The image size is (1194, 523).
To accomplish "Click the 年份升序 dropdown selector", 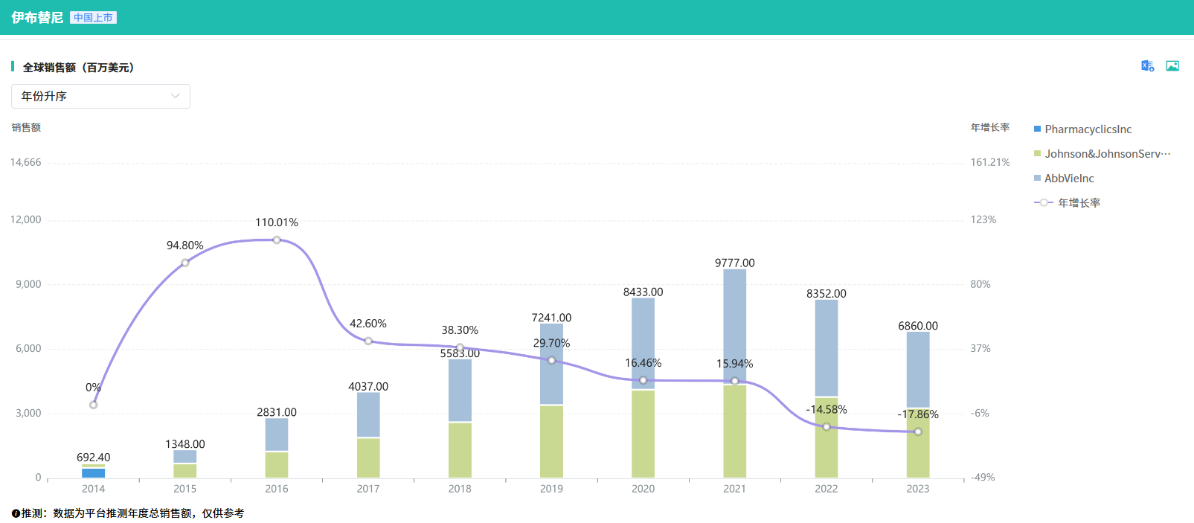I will coord(100,96).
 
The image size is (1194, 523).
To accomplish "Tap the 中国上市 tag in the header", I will coord(93,18).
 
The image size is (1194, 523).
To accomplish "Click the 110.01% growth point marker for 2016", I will coord(277,240).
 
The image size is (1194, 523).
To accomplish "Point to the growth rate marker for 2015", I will coord(185,263).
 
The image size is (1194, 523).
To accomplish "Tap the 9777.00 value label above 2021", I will coord(734,263).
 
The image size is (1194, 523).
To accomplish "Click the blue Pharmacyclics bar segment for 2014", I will coord(93,473).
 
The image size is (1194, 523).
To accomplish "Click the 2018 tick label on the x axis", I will coord(460,489).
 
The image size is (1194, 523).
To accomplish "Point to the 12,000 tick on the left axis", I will coord(25,220).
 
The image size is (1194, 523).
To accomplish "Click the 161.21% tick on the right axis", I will coord(989,162).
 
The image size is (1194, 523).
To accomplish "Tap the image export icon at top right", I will coord(1172,66).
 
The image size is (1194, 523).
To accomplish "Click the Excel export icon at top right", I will coord(1148,66).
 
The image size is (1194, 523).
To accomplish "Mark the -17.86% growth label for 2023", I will coord(918,414).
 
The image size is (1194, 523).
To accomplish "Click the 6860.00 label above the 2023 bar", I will coord(918,326).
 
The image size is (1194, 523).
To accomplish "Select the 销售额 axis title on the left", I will coord(26,128).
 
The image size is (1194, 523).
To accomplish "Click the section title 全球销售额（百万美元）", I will coord(78,68).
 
